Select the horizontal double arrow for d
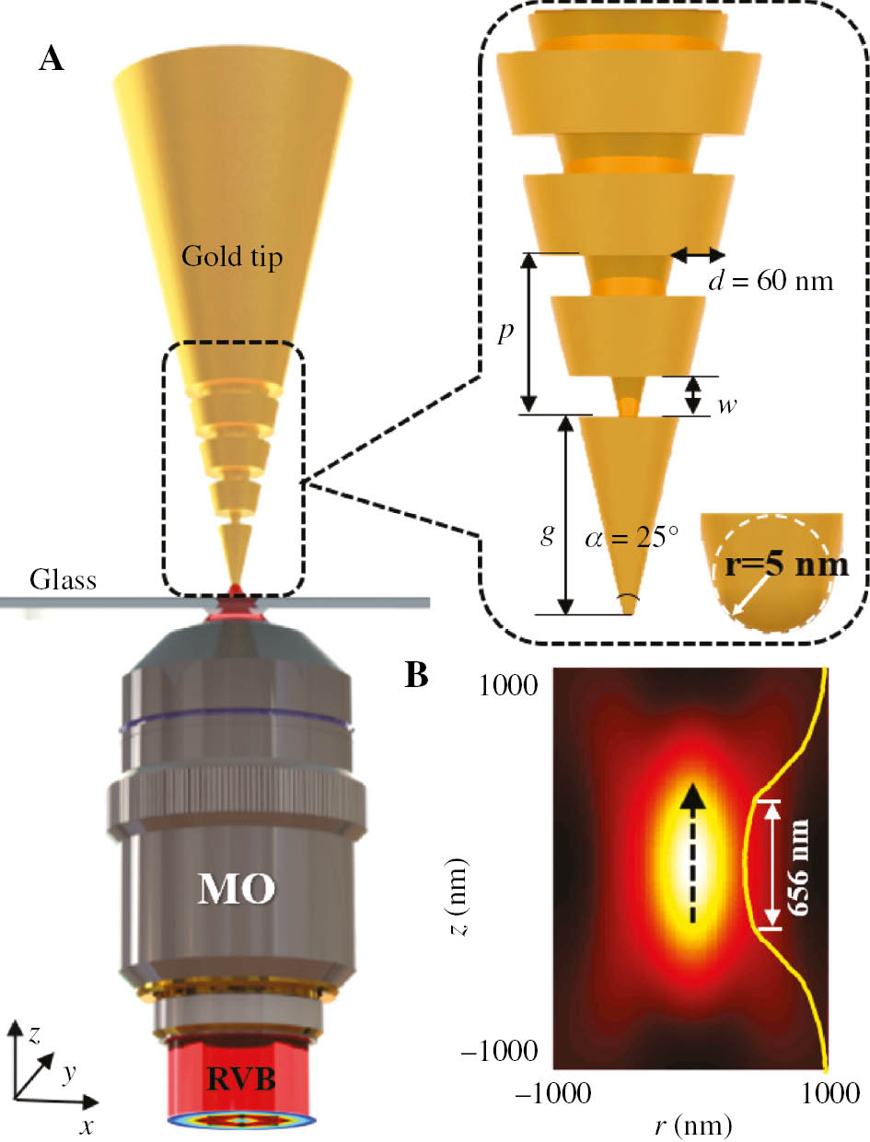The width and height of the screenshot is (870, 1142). coord(698,254)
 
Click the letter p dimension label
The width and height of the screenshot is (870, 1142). coord(505,332)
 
